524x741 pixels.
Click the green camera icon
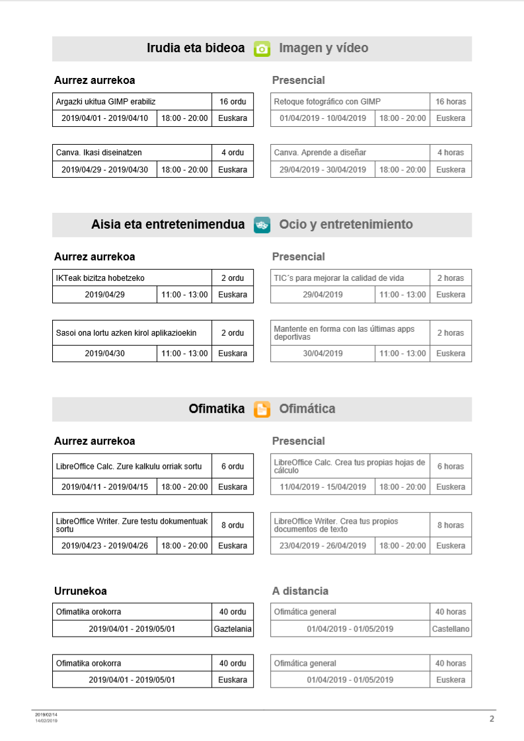point(262,49)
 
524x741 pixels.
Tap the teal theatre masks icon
point(262,225)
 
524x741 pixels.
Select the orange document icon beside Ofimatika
point(262,409)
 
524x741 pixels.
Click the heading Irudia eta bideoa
point(196,48)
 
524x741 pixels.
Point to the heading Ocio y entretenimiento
point(346,224)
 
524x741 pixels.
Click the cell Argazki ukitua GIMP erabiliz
point(106,101)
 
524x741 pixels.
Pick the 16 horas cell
point(451,101)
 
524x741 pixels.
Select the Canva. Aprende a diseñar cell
point(320,153)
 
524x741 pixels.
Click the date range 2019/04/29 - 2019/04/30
point(104,170)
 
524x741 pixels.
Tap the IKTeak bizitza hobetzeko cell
point(100,278)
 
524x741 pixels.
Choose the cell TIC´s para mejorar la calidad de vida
point(339,278)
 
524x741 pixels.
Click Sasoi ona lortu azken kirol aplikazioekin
point(126,333)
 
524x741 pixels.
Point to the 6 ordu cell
point(233,466)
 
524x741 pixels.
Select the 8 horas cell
point(451,525)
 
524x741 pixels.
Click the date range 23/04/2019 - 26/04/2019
point(322,546)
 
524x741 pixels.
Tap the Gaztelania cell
point(233,629)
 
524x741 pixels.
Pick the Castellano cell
point(451,629)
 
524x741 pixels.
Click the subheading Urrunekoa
point(80,591)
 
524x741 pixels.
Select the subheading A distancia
point(300,591)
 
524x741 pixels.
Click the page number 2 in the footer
point(491,719)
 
